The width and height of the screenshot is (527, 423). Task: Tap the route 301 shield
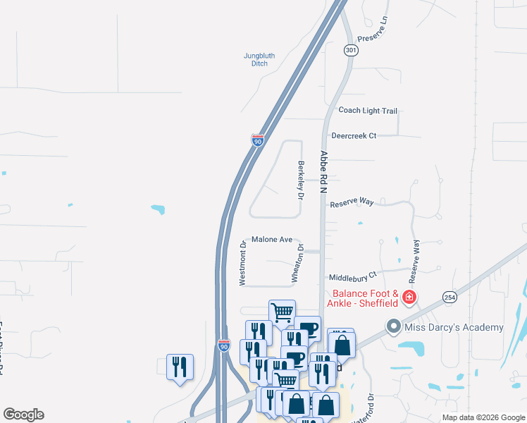pos(351,51)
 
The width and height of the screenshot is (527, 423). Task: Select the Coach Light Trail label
pos(368,111)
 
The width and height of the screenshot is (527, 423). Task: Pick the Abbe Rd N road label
pos(324,172)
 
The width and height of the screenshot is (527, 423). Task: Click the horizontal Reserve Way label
pos(351,202)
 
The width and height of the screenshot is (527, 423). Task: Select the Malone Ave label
pos(271,240)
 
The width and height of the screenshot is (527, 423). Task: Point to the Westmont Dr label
pos(242,264)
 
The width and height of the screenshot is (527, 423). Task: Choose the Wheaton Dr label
pos(300,264)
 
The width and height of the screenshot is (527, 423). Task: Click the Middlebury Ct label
pos(353,275)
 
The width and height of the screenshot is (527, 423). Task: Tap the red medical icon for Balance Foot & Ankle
pos(409,299)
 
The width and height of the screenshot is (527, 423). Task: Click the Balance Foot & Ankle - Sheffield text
pos(366,299)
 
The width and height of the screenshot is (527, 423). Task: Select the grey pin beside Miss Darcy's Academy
pos(393,327)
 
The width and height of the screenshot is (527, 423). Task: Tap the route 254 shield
pos(449,298)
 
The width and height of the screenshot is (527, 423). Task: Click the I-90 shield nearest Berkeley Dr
pos(258,140)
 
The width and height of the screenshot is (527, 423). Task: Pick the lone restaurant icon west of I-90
pos(179,367)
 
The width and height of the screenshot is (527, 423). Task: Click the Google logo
pos(23,415)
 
